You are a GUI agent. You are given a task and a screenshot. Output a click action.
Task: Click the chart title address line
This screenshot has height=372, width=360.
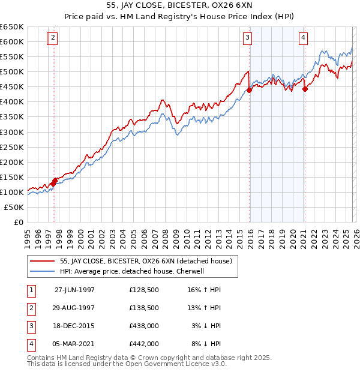pyautogui.click(x=179, y=7)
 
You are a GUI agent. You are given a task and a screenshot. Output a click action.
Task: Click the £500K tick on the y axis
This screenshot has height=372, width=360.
pyautogui.click(x=11, y=72)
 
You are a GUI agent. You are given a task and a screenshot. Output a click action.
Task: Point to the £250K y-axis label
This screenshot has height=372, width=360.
pyautogui.click(x=11, y=147)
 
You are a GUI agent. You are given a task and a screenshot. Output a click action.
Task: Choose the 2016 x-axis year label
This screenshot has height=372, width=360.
pyautogui.click(x=250, y=235)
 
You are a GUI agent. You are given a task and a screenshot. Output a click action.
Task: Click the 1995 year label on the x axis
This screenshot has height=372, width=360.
pyautogui.click(x=27, y=235)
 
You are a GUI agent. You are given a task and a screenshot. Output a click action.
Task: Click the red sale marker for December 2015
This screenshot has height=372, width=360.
pyautogui.click(x=248, y=91)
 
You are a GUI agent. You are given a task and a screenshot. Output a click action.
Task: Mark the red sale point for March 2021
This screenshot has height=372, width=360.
pyautogui.click(x=304, y=89)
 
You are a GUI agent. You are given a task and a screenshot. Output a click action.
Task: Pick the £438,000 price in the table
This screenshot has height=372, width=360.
pyautogui.click(x=144, y=326)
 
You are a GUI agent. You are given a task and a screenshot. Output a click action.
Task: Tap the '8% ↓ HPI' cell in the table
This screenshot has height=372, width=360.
pyautogui.click(x=206, y=344)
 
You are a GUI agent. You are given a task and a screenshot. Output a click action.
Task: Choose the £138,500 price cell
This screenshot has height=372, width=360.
pyautogui.click(x=144, y=308)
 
